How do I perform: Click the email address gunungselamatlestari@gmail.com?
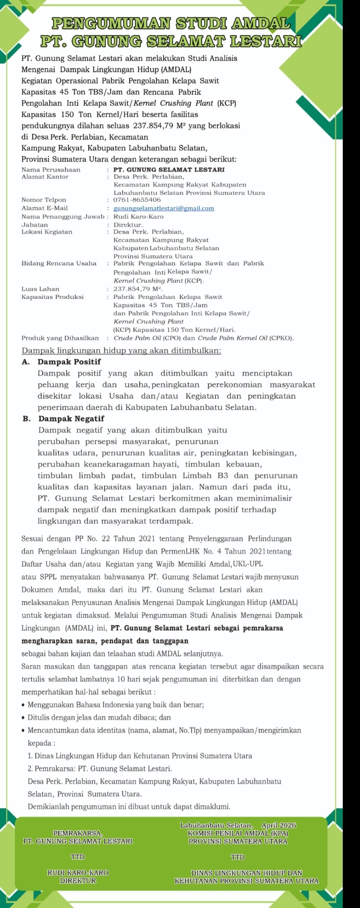164,209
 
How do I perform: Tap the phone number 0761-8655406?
137,200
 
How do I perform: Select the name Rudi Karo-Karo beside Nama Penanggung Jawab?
138,217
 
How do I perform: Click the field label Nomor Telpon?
44,200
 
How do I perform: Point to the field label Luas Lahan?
40,289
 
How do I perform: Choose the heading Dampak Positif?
69,362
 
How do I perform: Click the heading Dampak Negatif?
71,419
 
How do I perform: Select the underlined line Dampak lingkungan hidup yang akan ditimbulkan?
121,350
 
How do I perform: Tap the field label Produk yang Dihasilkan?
60,338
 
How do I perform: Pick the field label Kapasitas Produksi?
52,297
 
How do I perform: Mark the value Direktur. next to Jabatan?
128,225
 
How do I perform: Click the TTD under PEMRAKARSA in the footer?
78,857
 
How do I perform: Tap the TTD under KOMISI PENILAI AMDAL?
238,857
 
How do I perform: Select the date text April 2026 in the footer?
279,825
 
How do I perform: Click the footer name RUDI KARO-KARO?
78,873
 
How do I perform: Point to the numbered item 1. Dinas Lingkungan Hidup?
140,756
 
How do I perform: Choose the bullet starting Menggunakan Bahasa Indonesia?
115,705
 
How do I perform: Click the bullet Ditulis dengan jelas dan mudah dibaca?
99,718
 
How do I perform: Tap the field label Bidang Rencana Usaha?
59,264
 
